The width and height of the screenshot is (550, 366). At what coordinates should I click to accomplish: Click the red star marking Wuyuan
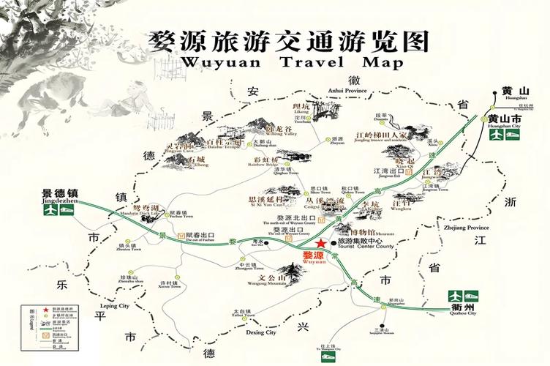click(319, 246)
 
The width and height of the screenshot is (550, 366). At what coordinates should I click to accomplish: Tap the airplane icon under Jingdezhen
click(50, 210)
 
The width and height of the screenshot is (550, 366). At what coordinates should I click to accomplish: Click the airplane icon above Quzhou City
click(456, 296)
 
